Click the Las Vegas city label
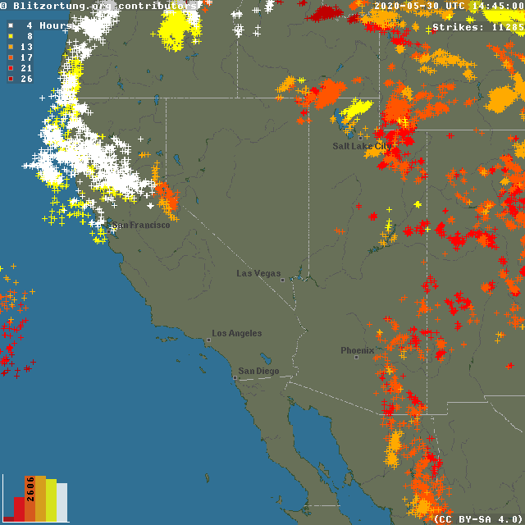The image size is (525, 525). pos(258,273)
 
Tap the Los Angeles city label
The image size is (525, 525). pos(237,333)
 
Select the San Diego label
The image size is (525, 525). pos(258,371)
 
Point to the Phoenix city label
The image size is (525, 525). pos(357,350)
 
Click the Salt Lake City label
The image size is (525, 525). pos(361,146)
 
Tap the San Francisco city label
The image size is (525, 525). pos(141,225)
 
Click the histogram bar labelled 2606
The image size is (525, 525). pos(30,499)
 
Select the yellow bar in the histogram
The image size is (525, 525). pos(51,500)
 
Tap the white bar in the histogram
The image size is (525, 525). pos(62,502)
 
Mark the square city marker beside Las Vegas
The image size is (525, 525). pos(282,280)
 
